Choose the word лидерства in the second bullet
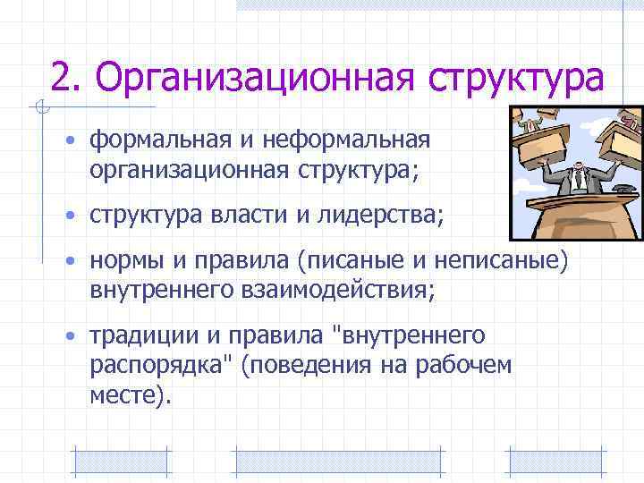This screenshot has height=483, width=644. (x=382, y=215)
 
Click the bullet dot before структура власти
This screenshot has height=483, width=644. (x=69, y=216)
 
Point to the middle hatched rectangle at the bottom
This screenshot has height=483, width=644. (x=337, y=462)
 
